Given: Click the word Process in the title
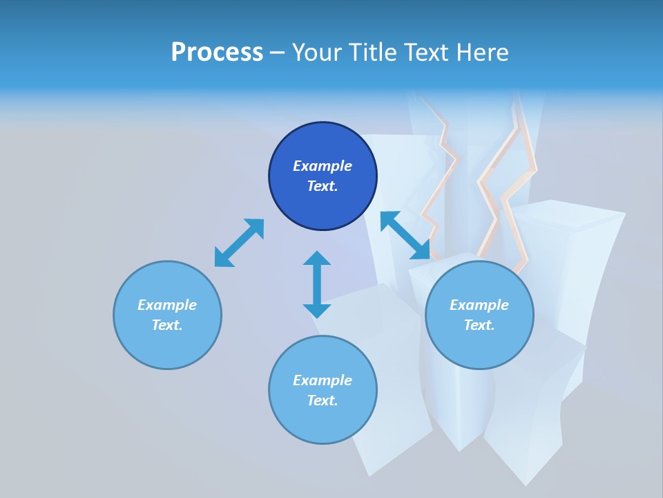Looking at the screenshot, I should pyautogui.click(x=217, y=53).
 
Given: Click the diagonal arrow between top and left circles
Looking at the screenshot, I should pyautogui.click(x=239, y=243).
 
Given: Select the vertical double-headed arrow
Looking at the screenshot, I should pyautogui.click(x=317, y=284).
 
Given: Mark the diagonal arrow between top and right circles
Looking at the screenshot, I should pyautogui.click(x=405, y=235).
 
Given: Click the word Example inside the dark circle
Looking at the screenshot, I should pyautogui.click(x=323, y=166).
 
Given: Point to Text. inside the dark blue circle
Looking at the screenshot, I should pyautogui.click(x=323, y=186).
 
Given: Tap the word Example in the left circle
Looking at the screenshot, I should pyautogui.click(x=167, y=305).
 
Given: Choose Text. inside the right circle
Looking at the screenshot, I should pyautogui.click(x=479, y=325).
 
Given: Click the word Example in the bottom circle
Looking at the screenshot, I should pyautogui.click(x=323, y=380).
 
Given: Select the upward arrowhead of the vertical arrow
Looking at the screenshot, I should pyautogui.click(x=317, y=259).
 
